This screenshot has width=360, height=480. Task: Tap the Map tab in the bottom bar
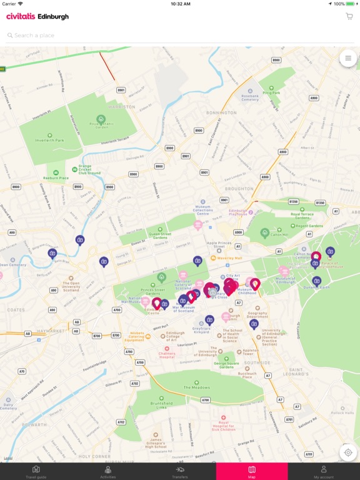[x=252, y=471]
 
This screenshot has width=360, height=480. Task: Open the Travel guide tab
[x=36, y=471]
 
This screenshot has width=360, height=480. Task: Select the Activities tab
[x=107, y=471]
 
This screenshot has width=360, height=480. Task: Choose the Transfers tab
[x=180, y=471]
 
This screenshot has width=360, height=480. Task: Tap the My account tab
[x=324, y=471]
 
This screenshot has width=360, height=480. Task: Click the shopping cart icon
[x=349, y=16]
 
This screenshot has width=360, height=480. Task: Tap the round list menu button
[x=348, y=58]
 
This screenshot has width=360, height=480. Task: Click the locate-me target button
[x=348, y=452]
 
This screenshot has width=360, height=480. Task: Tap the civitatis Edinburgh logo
[x=37, y=17]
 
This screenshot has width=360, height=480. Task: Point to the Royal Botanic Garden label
[x=101, y=124]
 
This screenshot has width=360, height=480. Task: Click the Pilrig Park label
[x=272, y=92]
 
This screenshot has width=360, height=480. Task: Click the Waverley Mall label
[x=231, y=257]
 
